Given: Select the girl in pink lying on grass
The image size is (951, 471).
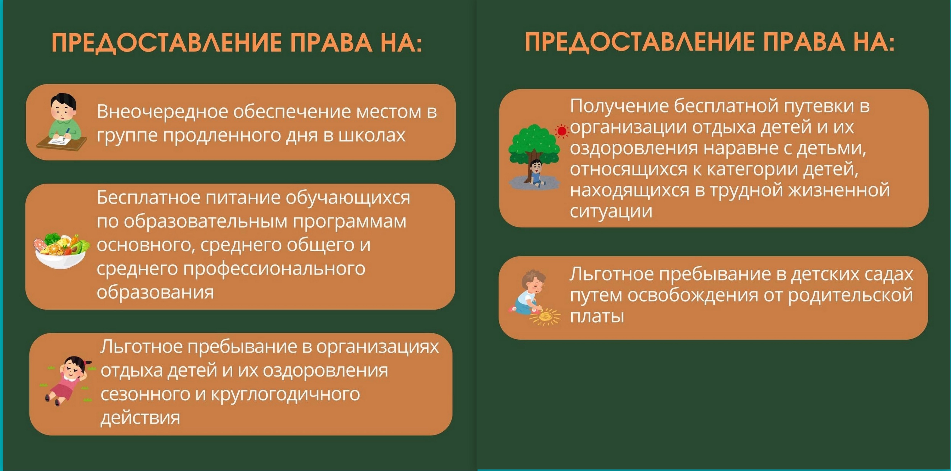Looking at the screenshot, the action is [66, 381].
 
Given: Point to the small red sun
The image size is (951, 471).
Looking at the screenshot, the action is [562, 131].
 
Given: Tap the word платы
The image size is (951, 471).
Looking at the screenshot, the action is [597, 316].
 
